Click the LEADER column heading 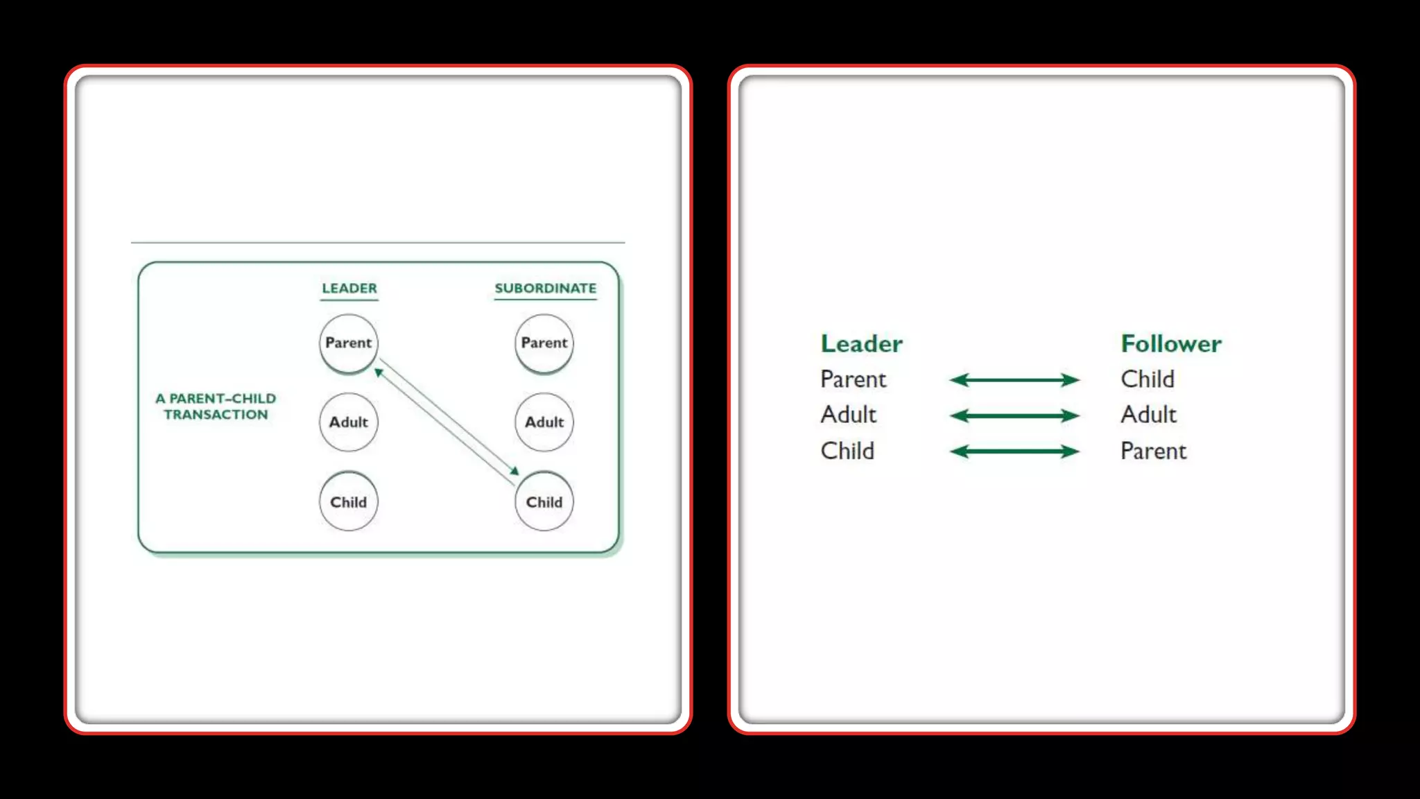pos(349,288)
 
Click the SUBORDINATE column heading pos(545,288)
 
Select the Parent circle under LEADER pos(349,343)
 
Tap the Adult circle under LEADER pos(349,422)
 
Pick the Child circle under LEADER pos(349,501)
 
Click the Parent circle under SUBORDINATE pos(544,343)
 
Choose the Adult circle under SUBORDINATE pos(544,422)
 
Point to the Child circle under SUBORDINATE pos(544,501)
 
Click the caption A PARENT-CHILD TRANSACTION pos(216,406)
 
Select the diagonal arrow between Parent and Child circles pos(447,422)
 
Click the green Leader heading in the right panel pos(861,343)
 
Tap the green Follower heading pos(1171,343)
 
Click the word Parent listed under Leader pos(853,379)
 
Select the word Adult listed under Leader pos(848,415)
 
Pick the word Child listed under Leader pos(847,451)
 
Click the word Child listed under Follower pos(1148,379)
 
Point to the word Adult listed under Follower pos(1148,415)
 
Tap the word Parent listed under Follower pos(1153,451)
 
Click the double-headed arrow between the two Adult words pos(1014,415)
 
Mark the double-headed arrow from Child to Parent pos(1014,452)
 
